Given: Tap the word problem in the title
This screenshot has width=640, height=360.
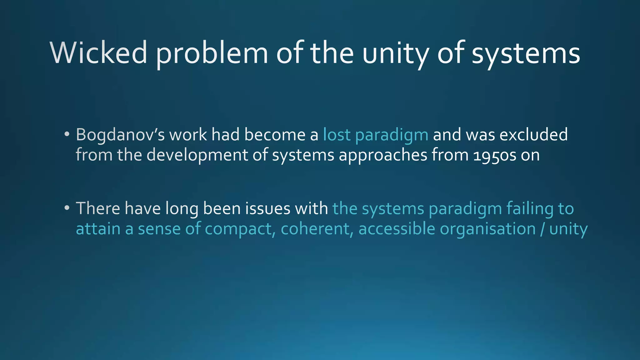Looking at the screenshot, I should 212,54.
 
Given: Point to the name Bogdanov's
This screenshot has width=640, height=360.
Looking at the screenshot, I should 120,135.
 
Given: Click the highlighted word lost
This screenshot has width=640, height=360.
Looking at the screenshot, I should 337,135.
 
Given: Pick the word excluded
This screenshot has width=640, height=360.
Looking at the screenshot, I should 533,135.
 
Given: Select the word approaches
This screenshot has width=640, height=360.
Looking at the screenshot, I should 383,155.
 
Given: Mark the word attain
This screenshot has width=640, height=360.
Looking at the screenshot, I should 98,229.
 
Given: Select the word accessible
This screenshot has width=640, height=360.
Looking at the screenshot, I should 397,229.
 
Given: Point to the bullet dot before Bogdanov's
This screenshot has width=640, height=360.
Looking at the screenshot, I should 67,134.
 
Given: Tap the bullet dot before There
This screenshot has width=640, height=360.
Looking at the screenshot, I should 67,207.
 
